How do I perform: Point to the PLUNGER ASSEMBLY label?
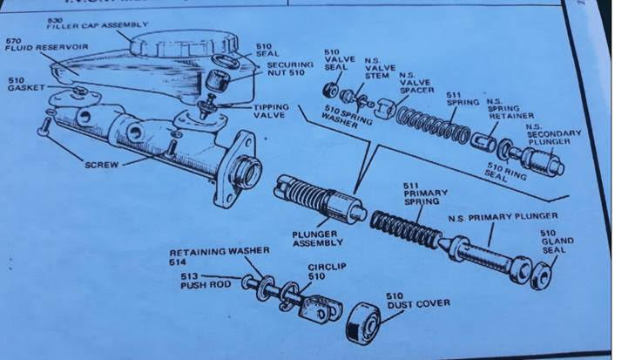(x=316, y=238)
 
